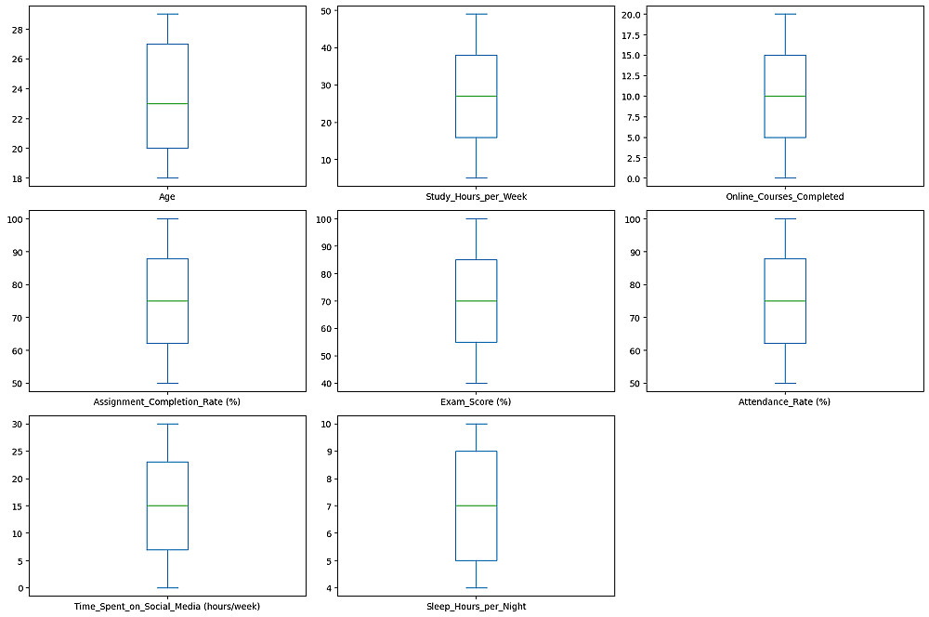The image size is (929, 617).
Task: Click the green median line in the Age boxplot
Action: tap(167, 103)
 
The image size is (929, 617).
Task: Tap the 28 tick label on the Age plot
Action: tap(17, 29)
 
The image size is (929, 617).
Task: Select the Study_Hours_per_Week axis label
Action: tap(475, 196)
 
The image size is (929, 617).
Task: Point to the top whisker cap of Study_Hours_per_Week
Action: tap(475, 14)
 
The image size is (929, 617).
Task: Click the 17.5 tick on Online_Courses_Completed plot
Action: tap(630, 35)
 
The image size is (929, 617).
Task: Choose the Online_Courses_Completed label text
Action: tap(784, 196)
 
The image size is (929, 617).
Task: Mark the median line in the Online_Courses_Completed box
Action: tap(784, 96)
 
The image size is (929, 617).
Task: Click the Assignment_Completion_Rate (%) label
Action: tap(167, 401)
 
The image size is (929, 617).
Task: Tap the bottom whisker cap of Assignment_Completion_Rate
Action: tap(167, 383)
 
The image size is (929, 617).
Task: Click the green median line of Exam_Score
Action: tap(475, 301)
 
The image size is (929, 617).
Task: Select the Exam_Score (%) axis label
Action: tap(475, 401)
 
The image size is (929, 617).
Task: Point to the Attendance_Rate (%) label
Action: tap(784, 401)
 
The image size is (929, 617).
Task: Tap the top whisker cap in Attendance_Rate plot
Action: tap(784, 219)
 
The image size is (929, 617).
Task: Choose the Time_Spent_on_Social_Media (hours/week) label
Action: tap(167, 607)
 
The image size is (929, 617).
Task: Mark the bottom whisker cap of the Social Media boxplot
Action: tap(167, 588)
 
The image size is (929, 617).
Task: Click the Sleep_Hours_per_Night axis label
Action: tap(475, 607)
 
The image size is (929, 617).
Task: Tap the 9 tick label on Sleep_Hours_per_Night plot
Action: tap(328, 451)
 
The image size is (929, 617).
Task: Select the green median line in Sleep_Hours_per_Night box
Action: tap(475, 505)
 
